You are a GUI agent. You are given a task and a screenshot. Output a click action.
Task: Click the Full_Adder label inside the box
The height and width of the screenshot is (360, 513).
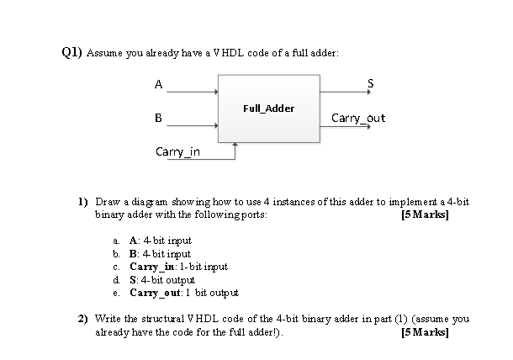tap(268, 109)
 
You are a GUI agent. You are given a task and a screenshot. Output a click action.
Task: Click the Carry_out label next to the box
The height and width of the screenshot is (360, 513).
tap(358, 118)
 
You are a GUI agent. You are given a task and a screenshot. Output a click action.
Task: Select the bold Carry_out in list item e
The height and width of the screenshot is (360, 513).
tap(157, 292)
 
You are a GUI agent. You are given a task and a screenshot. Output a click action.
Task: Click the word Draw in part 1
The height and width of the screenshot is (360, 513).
tap(107, 204)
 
